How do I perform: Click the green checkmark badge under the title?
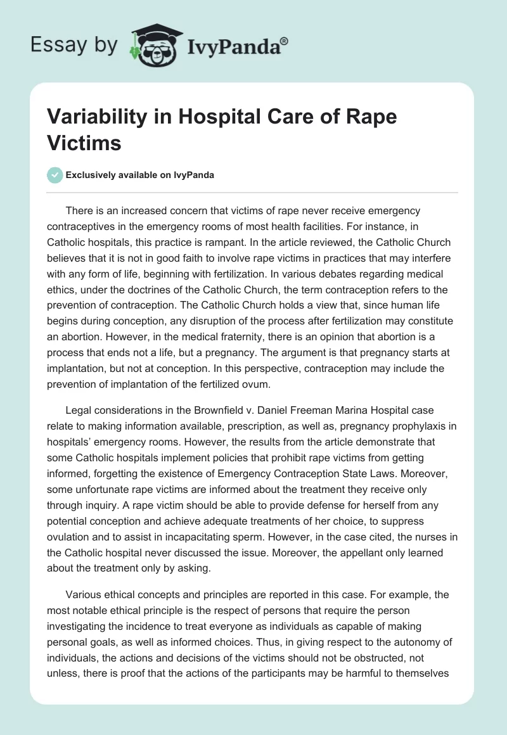[56, 175]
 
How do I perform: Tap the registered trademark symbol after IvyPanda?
[284, 41]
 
